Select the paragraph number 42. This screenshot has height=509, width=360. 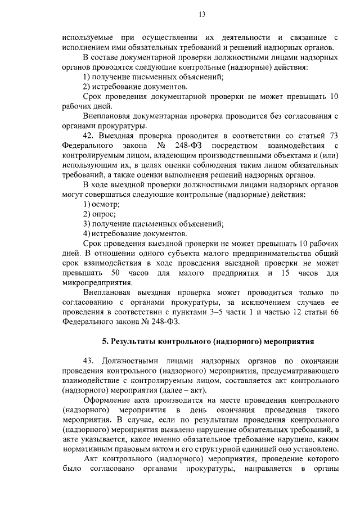pyautogui.click(x=88, y=136)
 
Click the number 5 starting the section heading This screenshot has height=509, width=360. pyautogui.click(x=104, y=341)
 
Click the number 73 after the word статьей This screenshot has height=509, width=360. pyautogui.click(x=332, y=136)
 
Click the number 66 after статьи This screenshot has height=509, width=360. pyautogui.click(x=332, y=312)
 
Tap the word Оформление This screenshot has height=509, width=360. pyautogui.click(x=108, y=400)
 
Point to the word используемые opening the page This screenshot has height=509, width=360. pyautogui.click(x=89, y=37)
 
